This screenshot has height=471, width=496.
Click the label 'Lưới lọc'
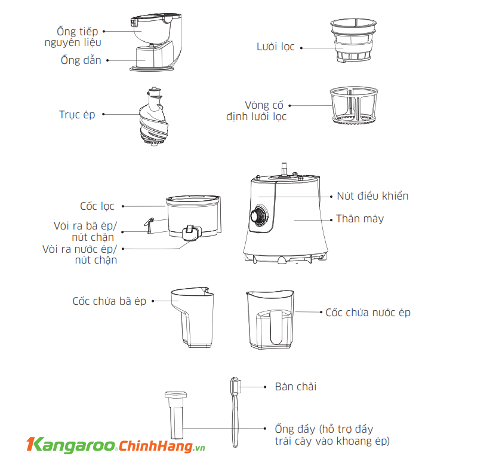click(x=276, y=47)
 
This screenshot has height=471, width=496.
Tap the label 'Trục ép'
click(x=77, y=114)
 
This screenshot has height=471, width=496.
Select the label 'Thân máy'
click(x=359, y=219)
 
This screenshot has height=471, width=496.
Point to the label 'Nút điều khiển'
click(x=372, y=196)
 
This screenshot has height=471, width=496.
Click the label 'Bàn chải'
click(x=295, y=387)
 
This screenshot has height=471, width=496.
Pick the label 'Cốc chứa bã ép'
click(x=109, y=301)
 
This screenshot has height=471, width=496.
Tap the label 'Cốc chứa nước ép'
click(x=368, y=313)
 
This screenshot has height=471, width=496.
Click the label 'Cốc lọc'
click(x=97, y=206)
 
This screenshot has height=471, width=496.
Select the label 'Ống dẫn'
click(x=81, y=60)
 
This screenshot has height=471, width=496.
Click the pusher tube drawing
click(x=176, y=416)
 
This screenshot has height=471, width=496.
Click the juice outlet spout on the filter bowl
click(x=190, y=233)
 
